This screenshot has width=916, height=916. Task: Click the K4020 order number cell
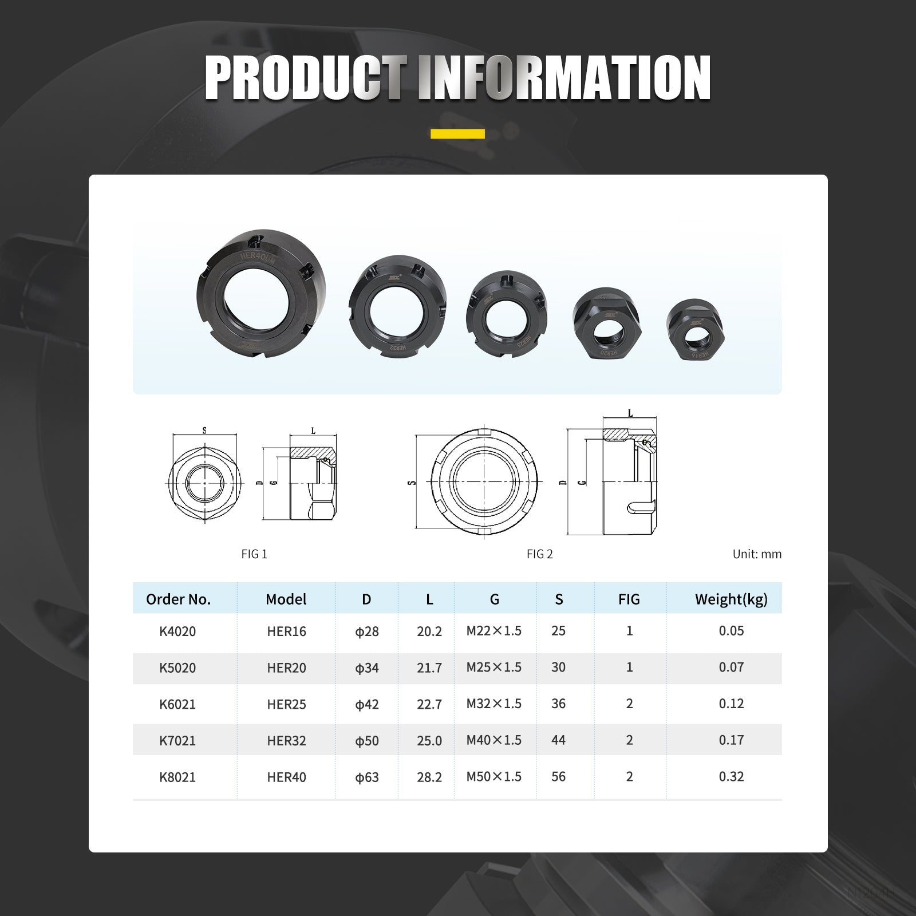pyautogui.click(x=177, y=631)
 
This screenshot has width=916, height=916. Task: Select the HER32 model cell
pyautogui.click(x=286, y=741)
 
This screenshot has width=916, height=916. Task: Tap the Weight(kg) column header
pyautogui.click(x=731, y=599)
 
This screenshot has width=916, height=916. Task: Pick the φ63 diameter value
pyautogui.click(x=367, y=777)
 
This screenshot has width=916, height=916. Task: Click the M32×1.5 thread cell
pyautogui.click(x=494, y=704)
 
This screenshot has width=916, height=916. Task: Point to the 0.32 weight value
pyautogui.click(x=731, y=777)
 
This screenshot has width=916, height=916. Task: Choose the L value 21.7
pyautogui.click(x=429, y=668)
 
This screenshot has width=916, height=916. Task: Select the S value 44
pyautogui.click(x=558, y=740)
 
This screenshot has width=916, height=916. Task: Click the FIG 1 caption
pyautogui.click(x=254, y=554)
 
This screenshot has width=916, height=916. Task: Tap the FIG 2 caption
pyautogui.click(x=540, y=554)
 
